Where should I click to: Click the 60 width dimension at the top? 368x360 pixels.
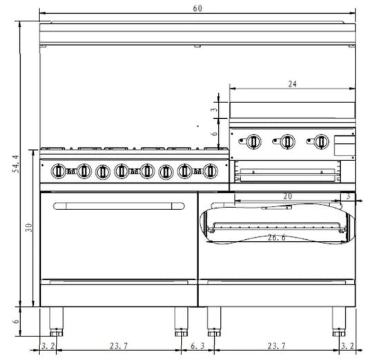[197, 8]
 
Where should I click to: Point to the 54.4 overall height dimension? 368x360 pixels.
[16, 164]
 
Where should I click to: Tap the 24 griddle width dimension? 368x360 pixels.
[292, 84]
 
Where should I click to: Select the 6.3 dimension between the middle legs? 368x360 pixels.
[197, 345]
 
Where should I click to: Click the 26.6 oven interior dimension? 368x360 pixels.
[277, 238]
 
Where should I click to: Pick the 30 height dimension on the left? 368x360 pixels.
[29, 227]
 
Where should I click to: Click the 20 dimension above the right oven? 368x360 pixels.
[287, 196]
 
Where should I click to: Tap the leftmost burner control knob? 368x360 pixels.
[59, 171]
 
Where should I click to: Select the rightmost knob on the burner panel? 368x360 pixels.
[211, 171]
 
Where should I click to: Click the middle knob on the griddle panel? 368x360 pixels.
[287, 142]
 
